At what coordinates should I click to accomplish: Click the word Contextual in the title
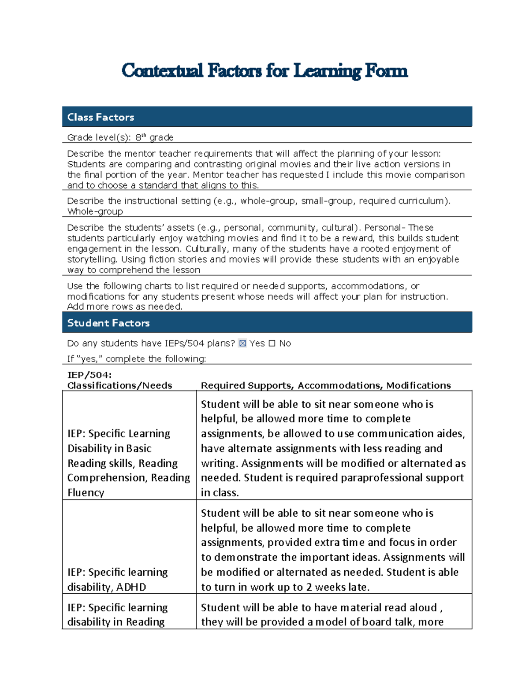coord(162,71)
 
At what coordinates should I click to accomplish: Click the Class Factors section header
coord(101,117)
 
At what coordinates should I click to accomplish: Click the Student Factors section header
coord(108,323)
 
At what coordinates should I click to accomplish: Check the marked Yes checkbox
coord(242,344)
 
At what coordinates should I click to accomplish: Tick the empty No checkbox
coord(272,344)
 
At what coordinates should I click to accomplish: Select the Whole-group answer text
coord(95,211)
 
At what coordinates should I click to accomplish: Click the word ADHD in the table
coord(131,587)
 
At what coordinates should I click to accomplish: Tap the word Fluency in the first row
coord(86,492)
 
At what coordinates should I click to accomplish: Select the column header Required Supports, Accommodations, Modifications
coord(326,385)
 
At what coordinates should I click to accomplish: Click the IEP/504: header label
coord(89,375)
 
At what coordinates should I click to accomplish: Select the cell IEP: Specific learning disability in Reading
coord(117,614)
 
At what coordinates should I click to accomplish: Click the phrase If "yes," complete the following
coord(136,359)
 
